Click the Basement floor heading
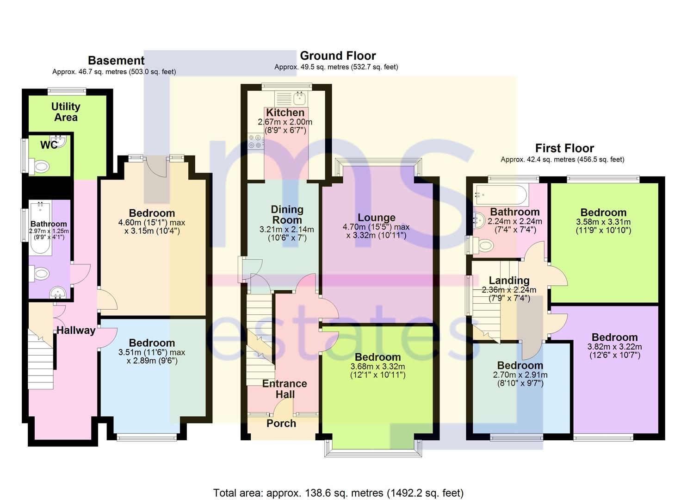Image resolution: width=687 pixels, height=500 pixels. [116, 61]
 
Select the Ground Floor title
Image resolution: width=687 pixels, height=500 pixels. [338, 56]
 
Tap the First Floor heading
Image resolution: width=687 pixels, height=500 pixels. [564, 149]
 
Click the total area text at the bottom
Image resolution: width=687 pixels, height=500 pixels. [338, 493]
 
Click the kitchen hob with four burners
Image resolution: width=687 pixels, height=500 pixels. [254, 141]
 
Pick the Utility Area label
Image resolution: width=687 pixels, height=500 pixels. [66, 112]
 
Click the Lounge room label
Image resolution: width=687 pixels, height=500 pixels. [377, 218]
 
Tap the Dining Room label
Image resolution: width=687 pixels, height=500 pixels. [287, 215]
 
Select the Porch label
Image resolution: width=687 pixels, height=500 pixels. [281, 423]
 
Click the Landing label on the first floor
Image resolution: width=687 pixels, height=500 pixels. [509, 281]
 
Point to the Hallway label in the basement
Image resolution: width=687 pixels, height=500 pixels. [76, 330]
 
